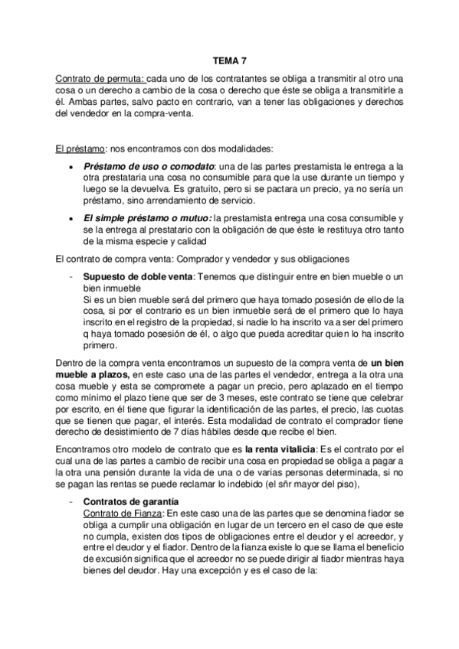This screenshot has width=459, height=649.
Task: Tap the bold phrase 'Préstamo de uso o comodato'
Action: [x=149, y=166]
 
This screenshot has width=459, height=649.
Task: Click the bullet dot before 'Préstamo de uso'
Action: [x=70, y=167]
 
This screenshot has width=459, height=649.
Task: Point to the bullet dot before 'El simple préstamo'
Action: [x=70, y=218]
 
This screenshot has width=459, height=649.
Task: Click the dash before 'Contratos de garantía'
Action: [x=70, y=499]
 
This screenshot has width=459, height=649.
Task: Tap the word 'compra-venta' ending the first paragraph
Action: [x=164, y=113]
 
